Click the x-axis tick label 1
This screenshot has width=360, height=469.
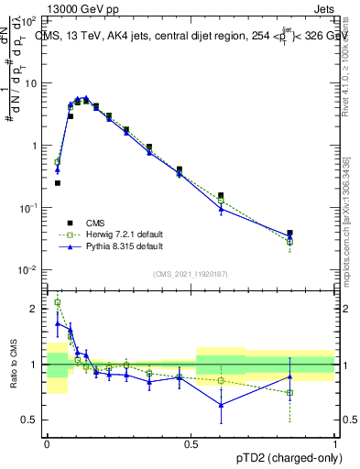[x=335, y=442]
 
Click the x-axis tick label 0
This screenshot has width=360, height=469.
[x=47, y=442]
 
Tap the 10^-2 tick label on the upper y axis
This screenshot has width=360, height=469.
[x=27, y=270]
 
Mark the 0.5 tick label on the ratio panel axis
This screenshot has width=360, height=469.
[x=31, y=420]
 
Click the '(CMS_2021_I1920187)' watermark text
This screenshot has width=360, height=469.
[x=191, y=273]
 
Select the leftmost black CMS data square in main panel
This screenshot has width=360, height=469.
[x=58, y=183]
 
